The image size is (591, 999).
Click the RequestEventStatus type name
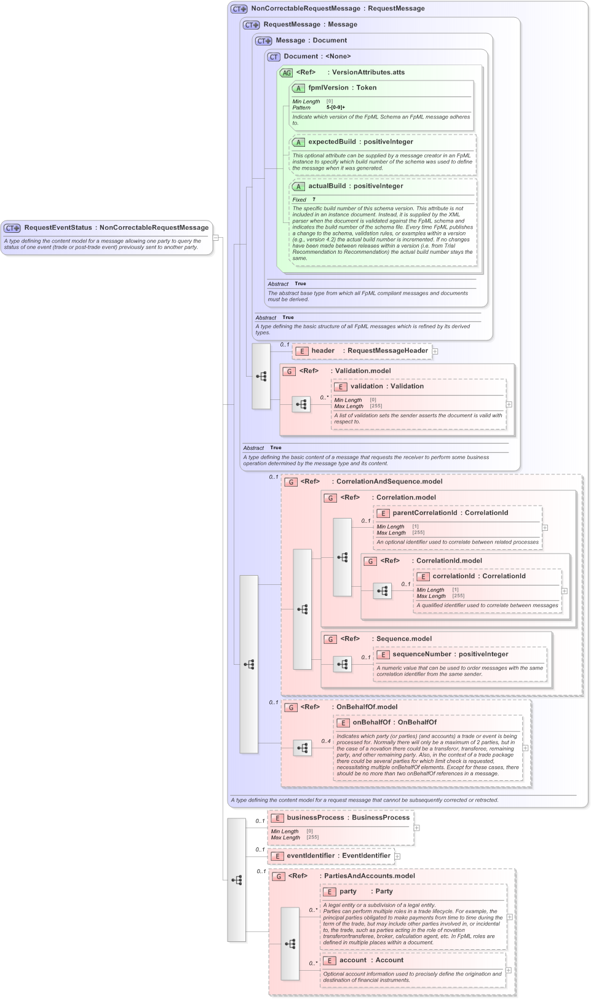pyautogui.click(x=58, y=228)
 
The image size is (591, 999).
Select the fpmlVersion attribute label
pyautogui.click(x=328, y=88)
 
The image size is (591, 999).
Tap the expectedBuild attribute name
pyautogui.click(x=331, y=142)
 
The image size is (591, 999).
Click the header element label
pyautogui.click(x=323, y=351)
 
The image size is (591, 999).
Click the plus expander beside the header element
pyautogui.click(x=435, y=351)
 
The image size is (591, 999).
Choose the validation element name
pyautogui.click(x=367, y=386)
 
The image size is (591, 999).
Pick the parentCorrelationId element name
pyautogui.click(x=424, y=513)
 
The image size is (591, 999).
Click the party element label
pyautogui.click(x=347, y=891)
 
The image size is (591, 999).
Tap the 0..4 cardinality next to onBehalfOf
pyautogui.click(x=326, y=741)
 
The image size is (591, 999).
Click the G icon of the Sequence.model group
pyautogui.click(x=330, y=640)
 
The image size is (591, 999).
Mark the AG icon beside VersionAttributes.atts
pyautogui.click(x=286, y=73)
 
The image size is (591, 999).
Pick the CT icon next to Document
pyautogui.click(x=273, y=57)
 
